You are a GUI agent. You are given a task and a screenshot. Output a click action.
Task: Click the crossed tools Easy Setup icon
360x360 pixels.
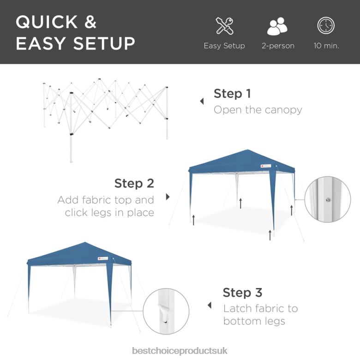(x=224, y=26)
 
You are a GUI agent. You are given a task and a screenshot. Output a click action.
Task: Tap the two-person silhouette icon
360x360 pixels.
(x=277, y=26)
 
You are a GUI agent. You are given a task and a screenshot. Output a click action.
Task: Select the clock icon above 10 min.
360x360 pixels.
(x=326, y=26)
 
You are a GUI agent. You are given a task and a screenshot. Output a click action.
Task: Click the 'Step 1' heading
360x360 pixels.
(x=232, y=94)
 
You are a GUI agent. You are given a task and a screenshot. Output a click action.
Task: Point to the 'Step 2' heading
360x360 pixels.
(x=134, y=183)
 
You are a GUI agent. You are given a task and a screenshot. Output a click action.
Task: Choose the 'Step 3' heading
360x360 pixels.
(x=242, y=293)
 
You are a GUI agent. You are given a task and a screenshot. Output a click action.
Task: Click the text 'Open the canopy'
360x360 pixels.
(x=258, y=110)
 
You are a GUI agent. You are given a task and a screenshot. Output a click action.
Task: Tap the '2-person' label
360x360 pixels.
(x=278, y=46)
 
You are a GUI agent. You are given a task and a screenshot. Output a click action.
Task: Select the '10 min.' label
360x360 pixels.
(x=326, y=46)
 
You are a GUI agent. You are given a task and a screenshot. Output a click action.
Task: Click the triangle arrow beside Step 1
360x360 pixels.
(x=202, y=101)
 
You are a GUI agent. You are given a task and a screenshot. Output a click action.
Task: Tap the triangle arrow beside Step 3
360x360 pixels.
(x=210, y=305)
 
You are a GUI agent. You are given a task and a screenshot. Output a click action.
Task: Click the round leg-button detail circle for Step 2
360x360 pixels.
(x=328, y=199)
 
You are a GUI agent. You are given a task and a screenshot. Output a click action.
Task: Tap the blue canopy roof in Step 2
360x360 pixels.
(x=242, y=162)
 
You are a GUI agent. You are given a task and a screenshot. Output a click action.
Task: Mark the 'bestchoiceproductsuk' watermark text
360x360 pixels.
(x=180, y=351)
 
